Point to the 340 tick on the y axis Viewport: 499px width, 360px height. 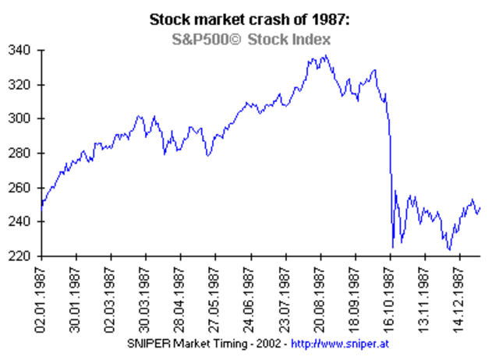23,51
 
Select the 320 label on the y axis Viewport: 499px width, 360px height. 23,85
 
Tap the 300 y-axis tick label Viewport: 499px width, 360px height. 23,119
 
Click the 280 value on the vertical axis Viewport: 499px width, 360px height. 23,154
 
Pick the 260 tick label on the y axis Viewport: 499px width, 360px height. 23,188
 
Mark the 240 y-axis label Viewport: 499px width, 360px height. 23,222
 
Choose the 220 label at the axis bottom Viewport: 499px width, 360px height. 23,256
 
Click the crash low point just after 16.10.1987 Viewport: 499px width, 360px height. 393,247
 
